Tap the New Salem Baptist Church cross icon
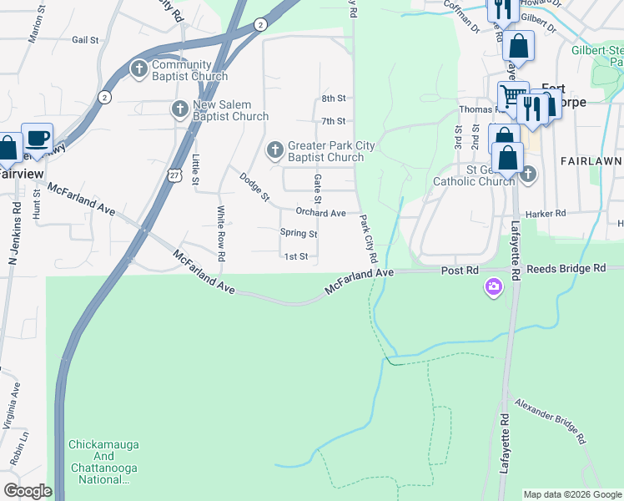[179, 109]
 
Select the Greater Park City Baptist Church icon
[274, 150]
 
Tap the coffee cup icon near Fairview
[37, 137]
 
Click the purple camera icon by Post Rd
[494, 288]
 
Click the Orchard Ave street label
[320, 213]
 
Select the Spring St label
[299, 233]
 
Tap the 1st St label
[297, 257]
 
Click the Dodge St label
[254, 187]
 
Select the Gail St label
[85, 39]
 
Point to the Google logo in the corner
[28, 491]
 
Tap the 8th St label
[334, 99]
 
